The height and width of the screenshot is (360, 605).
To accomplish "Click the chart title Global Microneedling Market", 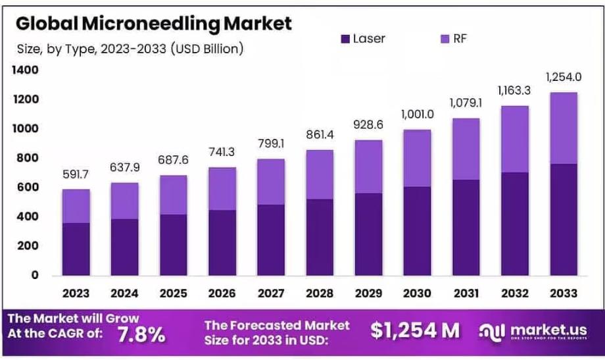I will [x=153, y=24].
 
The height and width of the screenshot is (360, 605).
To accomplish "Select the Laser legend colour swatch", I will [x=345, y=39].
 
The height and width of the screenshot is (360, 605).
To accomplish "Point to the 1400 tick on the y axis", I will [x=26, y=70].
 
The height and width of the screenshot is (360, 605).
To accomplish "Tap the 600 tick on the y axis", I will [x=29, y=188].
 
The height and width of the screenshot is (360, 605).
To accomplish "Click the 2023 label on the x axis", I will [x=77, y=294].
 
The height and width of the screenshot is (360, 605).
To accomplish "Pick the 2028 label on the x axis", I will [x=320, y=294].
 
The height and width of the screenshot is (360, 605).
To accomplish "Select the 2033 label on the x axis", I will [x=564, y=294].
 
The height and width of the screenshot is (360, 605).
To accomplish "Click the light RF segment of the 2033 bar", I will [x=564, y=128].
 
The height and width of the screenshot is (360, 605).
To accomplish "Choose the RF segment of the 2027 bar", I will [x=272, y=182].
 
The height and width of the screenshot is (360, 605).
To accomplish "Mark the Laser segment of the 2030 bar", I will [x=418, y=231].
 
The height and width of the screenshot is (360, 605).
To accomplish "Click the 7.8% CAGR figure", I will [x=141, y=334].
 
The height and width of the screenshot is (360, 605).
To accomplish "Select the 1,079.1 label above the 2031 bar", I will [x=466, y=103].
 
